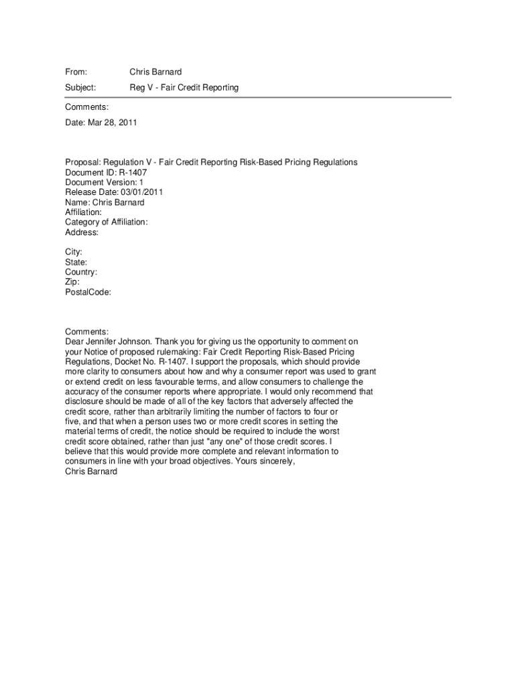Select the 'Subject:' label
80,88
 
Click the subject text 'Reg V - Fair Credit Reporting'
184,88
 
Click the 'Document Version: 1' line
104,182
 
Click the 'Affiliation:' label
83,212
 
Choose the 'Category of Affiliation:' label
106,222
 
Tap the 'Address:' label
82,232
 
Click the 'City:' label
74,253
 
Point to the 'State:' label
76,263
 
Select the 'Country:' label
81,273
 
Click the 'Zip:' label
72,283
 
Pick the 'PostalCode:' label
88,293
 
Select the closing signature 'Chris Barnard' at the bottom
91,472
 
